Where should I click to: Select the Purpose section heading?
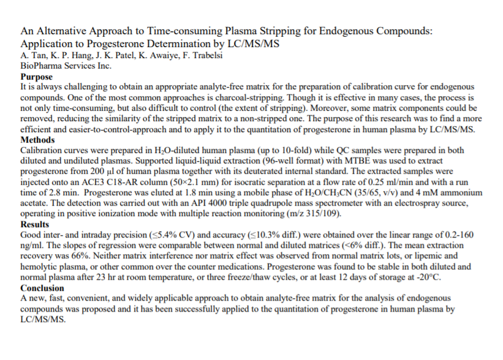tap(37, 77)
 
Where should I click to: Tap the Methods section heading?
tap(38, 140)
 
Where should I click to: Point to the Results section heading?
tap(36, 225)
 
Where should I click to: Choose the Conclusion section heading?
tap(42, 288)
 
